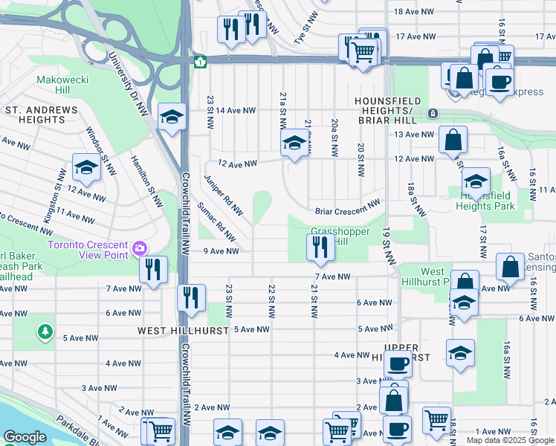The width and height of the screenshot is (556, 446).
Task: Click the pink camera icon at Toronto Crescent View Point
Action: point(139,247)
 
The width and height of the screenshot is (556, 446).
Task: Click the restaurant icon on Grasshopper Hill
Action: point(320,247)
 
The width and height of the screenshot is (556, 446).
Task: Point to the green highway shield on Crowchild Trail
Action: point(199,62)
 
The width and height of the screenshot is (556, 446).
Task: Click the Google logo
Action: point(25,437)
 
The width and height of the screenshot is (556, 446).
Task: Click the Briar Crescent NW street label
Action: point(347,211)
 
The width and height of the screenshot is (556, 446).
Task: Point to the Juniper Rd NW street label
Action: point(224,195)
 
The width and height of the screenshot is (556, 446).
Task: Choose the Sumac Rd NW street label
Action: point(218,222)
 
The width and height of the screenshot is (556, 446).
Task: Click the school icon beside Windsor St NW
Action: point(86,168)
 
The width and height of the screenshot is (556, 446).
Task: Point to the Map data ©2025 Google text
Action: point(509,440)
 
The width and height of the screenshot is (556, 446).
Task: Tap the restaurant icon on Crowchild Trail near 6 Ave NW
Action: point(191,298)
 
